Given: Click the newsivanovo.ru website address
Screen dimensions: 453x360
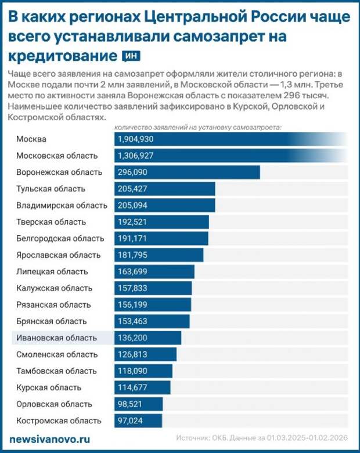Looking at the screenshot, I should click(x=49, y=439).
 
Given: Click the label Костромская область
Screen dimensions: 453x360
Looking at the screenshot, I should click(x=59, y=420).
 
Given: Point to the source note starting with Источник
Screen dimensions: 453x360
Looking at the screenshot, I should click(x=264, y=439).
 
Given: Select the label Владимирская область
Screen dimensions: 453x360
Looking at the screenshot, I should click(x=62, y=206).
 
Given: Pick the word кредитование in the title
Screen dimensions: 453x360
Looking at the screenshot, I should click(x=61, y=56).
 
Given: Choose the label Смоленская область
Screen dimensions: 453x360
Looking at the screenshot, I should click(x=57, y=354).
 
